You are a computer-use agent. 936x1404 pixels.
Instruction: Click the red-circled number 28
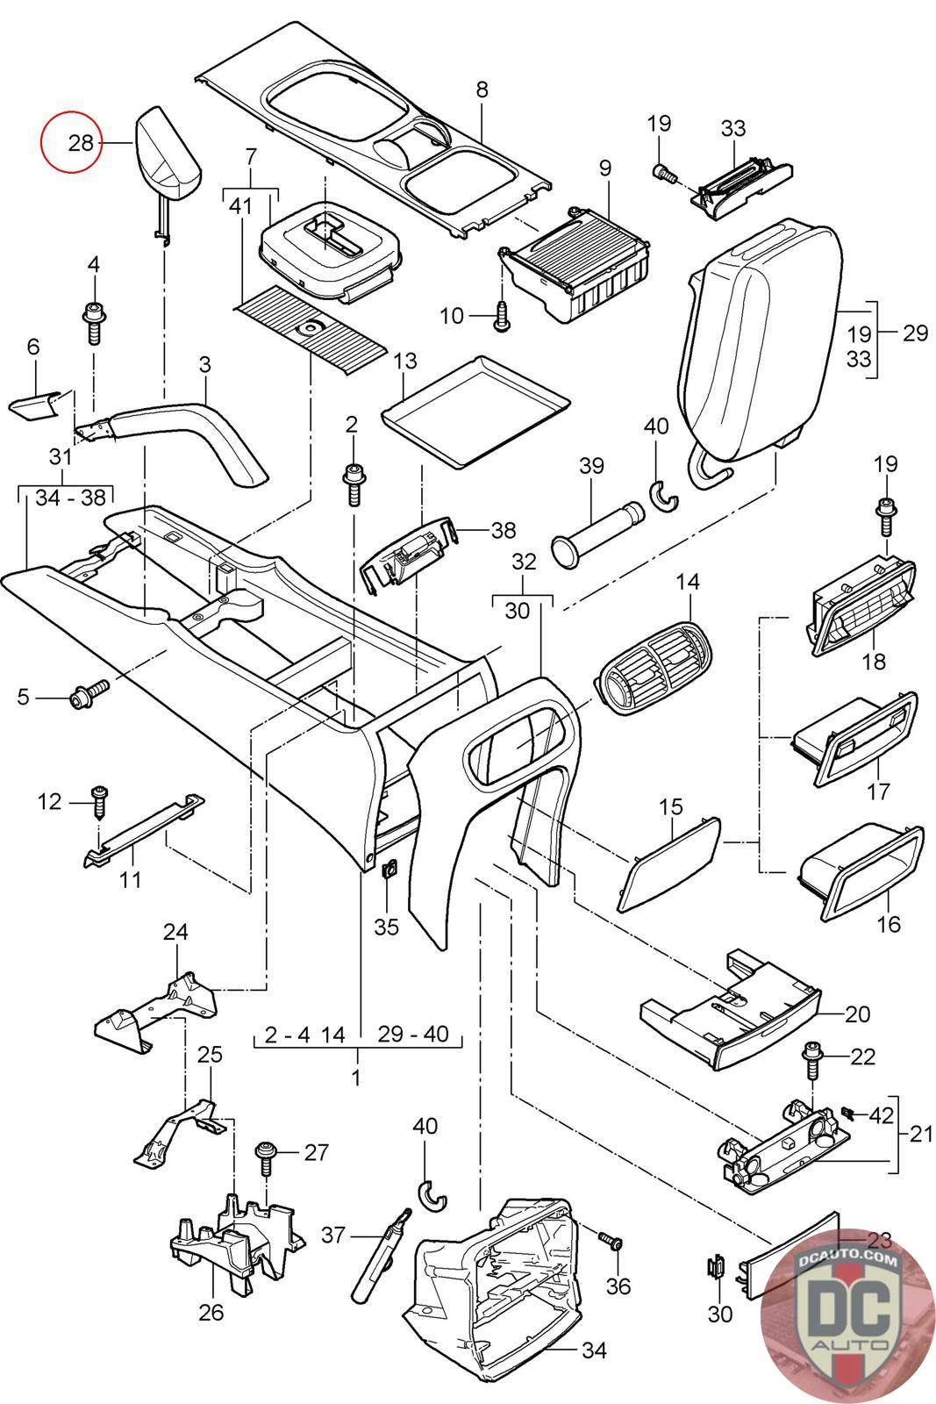pos(80,141)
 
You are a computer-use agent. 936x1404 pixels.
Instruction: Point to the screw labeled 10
pos(502,315)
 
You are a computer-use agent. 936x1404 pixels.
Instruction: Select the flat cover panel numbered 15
pos(668,863)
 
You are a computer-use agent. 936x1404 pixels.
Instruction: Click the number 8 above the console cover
pos(482,89)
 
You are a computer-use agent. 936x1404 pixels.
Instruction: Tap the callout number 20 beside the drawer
pos(857,1014)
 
